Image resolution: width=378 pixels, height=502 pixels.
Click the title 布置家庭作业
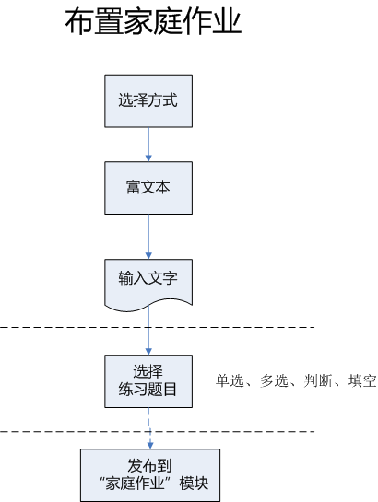click(153, 22)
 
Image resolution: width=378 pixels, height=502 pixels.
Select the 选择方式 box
click(148, 99)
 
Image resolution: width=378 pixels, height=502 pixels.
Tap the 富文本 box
click(148, 188)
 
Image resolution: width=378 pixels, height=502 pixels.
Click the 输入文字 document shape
click(148, 277)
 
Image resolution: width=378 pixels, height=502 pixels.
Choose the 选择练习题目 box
click(148, 380)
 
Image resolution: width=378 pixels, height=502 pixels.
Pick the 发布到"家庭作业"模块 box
click(150, 474)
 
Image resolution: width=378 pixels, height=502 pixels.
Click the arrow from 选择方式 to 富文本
click(148, 144)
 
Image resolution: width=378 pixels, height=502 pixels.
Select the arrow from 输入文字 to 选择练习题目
click(148, 332)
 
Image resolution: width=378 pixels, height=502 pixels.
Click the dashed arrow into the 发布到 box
click(148, 428)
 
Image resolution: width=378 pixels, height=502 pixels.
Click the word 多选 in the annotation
click(269, 381)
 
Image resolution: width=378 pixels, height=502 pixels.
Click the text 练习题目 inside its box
click(148, 391)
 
